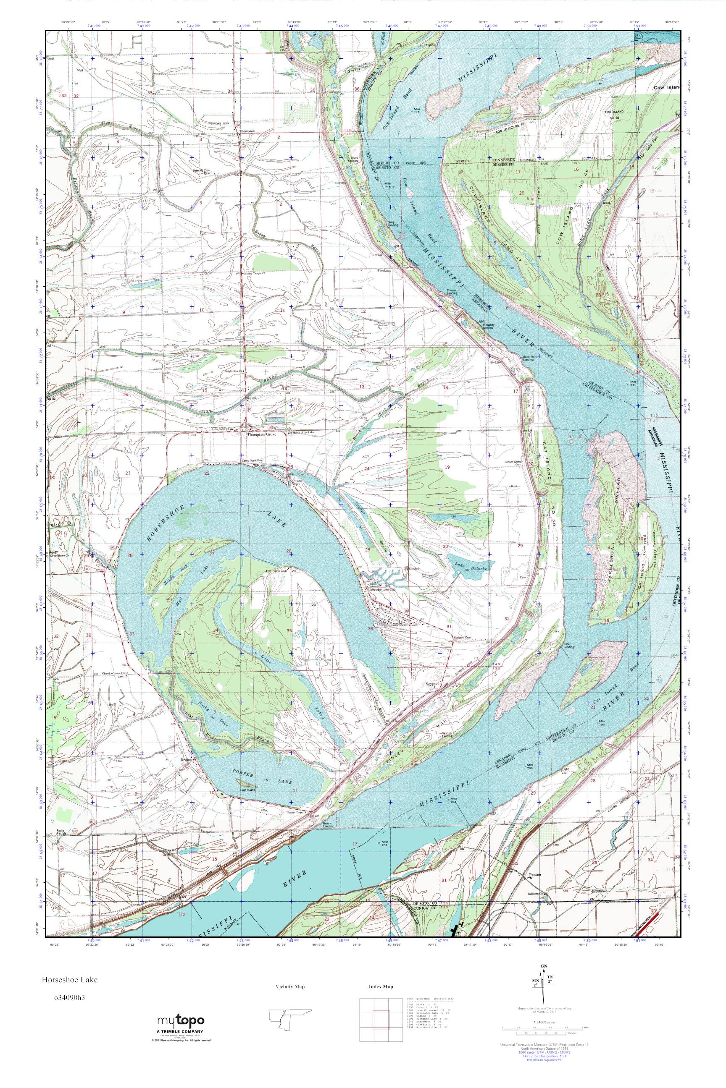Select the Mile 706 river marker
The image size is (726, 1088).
[602, 721]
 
